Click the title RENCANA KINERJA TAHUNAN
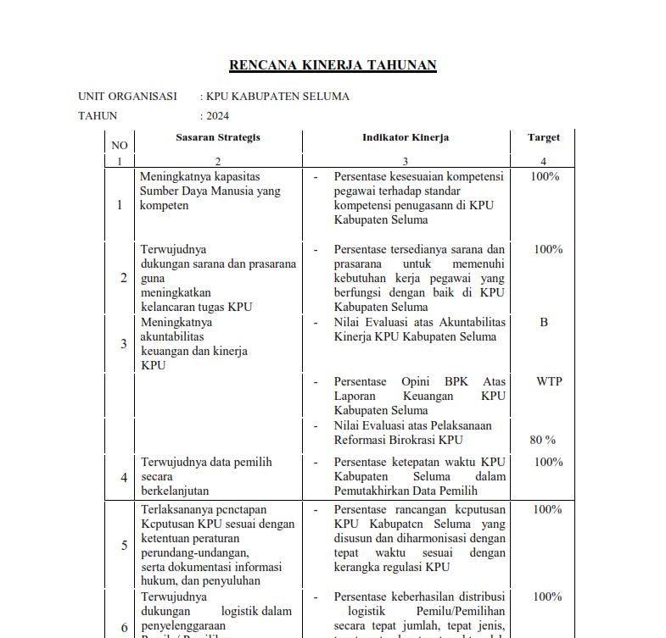point(333,65)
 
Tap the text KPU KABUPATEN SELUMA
point(277,97)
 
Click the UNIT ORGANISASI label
point(127,97)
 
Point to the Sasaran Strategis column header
point(218,137)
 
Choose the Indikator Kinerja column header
point(406,137)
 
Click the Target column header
point(544,137)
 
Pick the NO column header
point(120,146)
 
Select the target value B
point(544,322)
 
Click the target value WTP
point(549,381)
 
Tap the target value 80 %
point(542,440)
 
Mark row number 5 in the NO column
point(124,545)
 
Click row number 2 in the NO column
point(124,278)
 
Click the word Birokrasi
point(410,440)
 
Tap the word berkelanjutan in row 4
point(175,491)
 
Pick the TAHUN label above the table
point(98,116)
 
